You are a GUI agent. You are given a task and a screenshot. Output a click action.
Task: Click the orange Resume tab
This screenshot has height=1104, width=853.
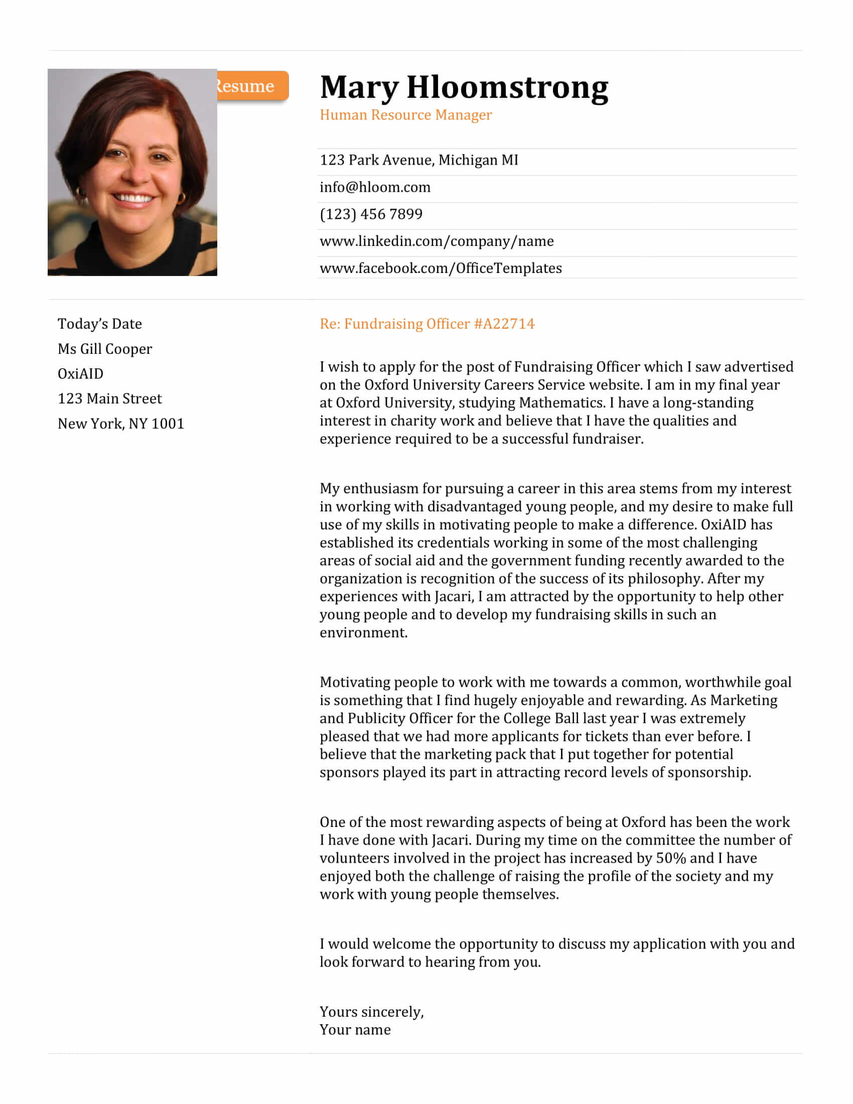251,86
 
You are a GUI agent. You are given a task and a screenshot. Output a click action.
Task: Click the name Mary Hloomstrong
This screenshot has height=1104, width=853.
464,87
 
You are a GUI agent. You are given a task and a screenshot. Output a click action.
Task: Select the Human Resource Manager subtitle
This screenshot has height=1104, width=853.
405,115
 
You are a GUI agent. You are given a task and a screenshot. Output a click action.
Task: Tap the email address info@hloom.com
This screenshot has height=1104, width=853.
375,187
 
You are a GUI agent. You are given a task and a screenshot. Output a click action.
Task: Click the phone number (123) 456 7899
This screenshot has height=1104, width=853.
371,214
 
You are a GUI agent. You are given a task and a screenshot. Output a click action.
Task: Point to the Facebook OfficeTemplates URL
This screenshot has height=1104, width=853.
441,268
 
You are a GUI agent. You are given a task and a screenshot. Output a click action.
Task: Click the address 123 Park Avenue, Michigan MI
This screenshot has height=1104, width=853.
419,160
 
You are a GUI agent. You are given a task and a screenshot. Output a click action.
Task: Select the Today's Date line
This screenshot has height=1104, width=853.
99,324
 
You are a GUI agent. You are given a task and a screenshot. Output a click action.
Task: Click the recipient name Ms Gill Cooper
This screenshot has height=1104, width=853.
104,349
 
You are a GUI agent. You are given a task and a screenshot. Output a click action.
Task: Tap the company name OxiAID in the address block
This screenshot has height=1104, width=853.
80,373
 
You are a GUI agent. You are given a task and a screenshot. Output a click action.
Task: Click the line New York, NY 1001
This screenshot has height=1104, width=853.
121,424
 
